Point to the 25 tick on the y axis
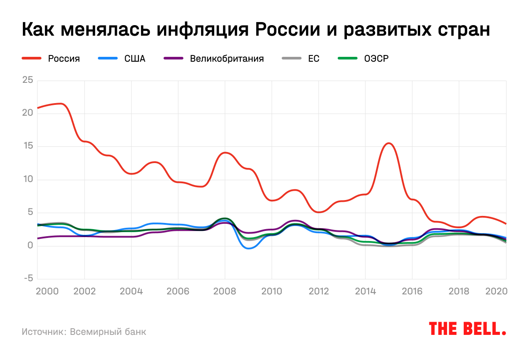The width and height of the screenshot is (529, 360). [28, 80]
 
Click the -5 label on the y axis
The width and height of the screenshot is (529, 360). [28, 278]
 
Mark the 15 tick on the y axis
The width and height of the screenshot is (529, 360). [28, 146]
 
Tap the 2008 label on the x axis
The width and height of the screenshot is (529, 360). [225, 292]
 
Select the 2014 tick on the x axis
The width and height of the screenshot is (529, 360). [365, 292]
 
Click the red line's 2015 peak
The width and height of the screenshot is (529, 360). [388, 143]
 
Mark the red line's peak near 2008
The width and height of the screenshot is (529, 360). [225, 152]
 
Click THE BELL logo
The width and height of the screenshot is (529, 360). [467, 329]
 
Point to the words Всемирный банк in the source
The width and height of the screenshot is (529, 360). [108, 332]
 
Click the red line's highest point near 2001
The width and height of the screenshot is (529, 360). [61, 104]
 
